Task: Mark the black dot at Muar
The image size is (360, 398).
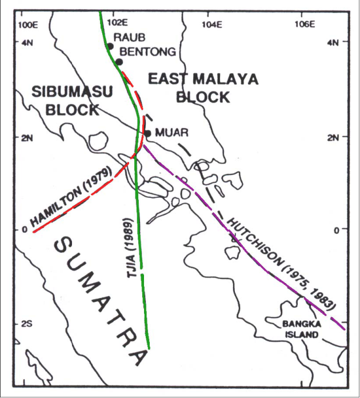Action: [147, 133]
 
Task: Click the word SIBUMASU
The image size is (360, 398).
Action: [72, 91]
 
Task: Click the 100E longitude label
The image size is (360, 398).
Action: [29, 24]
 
